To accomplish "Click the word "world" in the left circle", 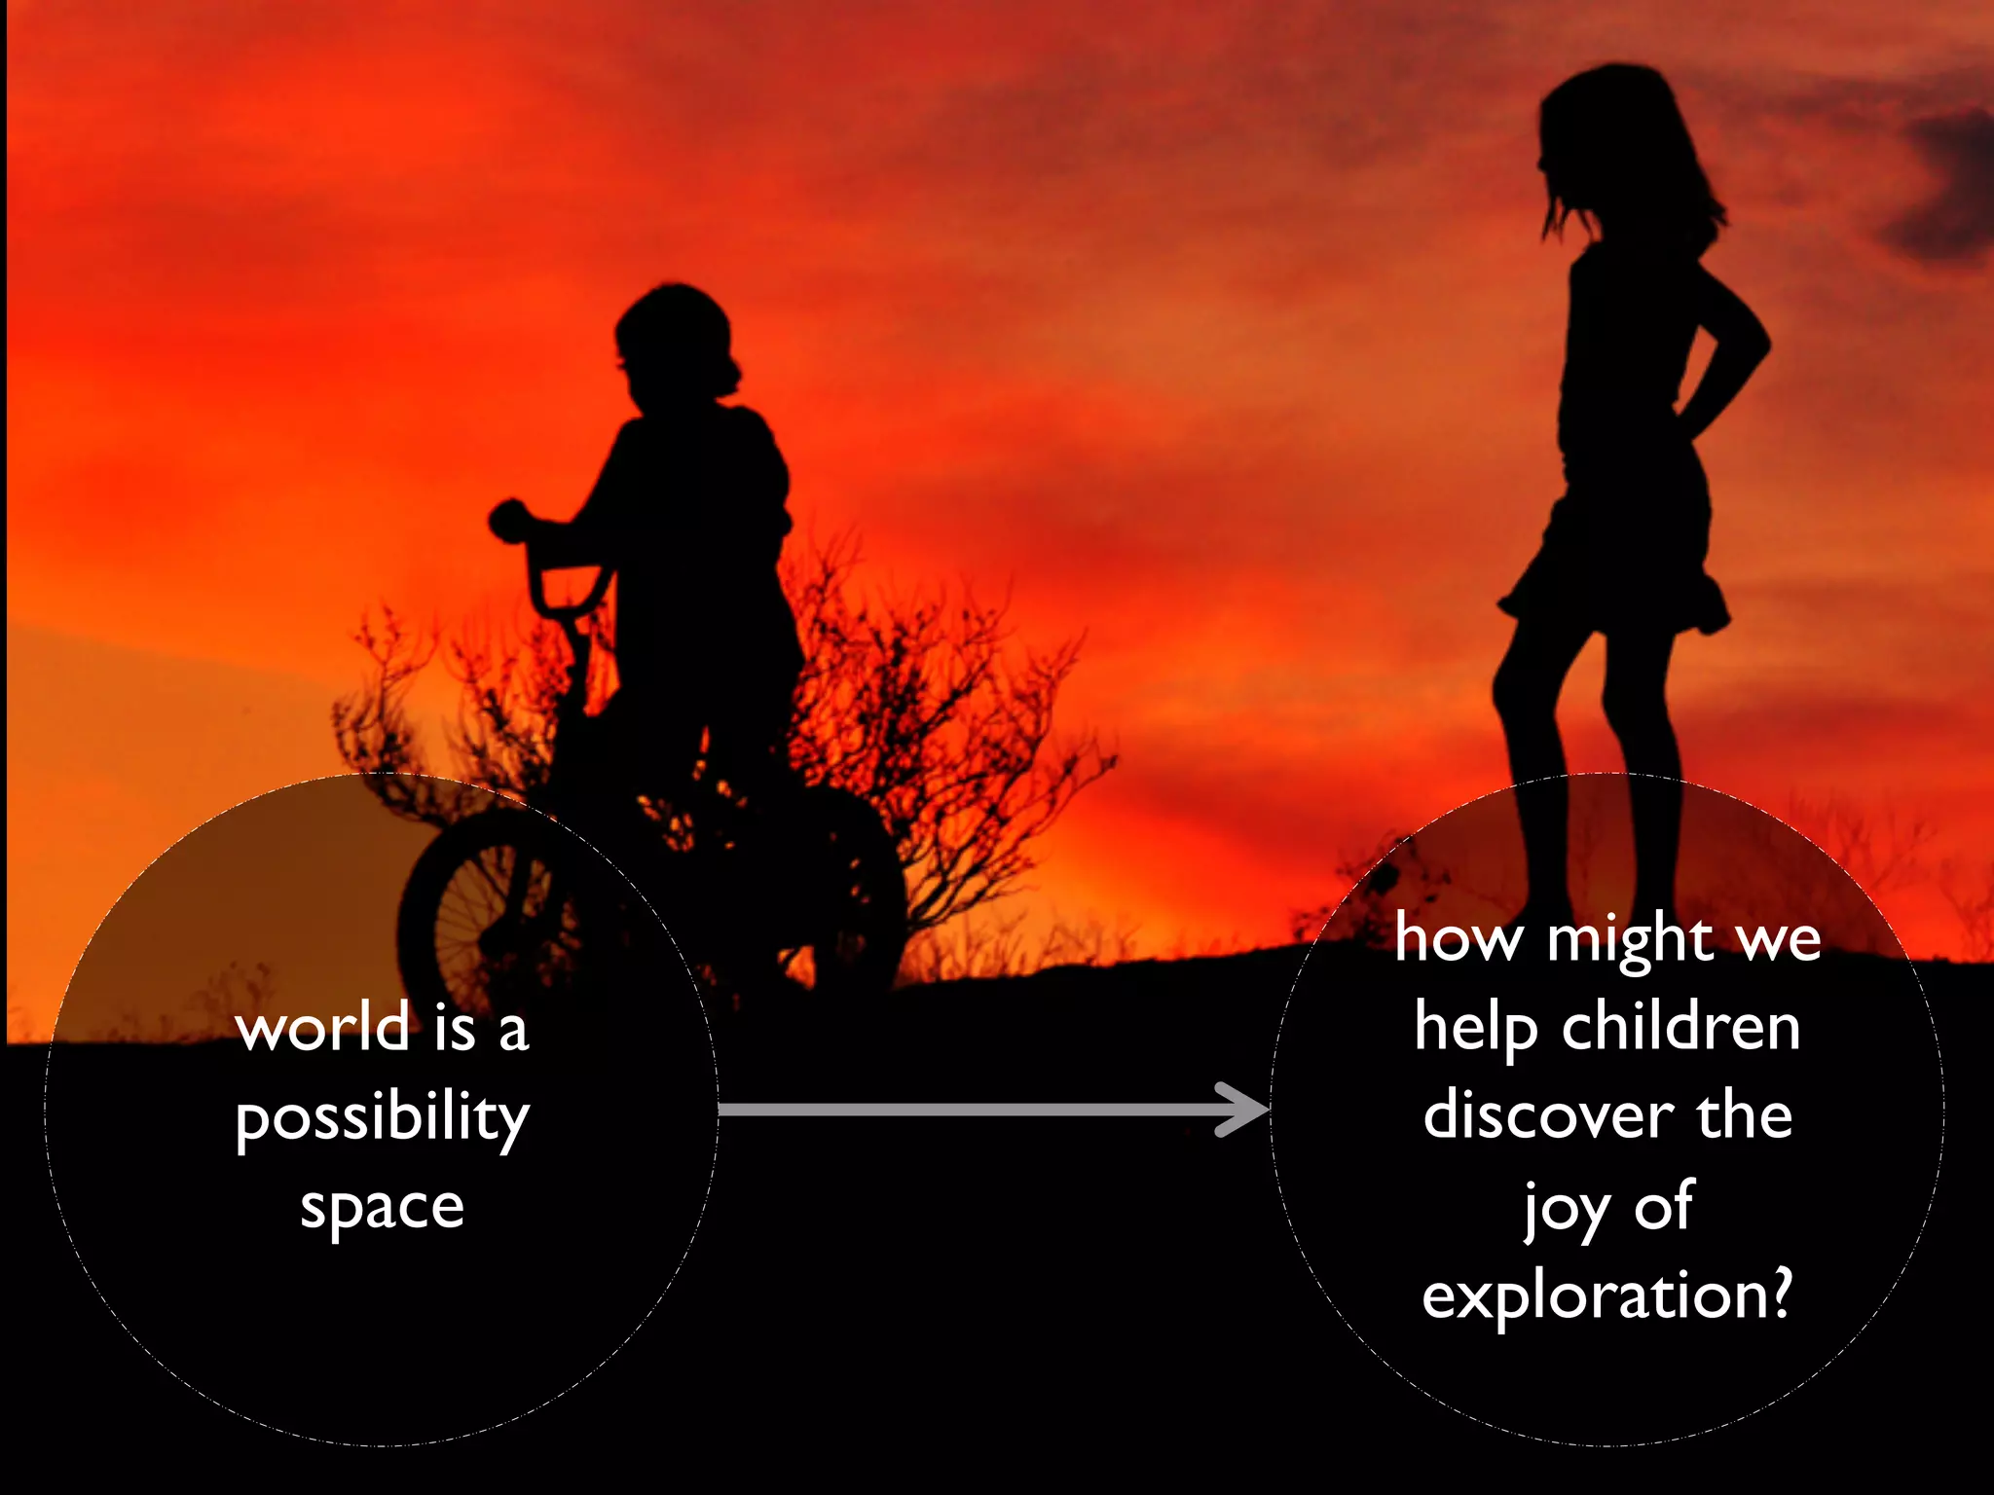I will [x=323, y=1028].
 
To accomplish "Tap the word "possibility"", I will [x=382, y=1119].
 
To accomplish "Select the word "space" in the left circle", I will [x=382, y=1209].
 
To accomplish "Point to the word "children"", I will [x=1680, y=1028].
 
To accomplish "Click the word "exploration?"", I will [x=1606, y=1296].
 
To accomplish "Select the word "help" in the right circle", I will [x=1475, y=1030].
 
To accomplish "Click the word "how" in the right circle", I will [x=1458, y=940].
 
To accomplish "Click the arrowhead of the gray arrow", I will [x=1246, y=1110].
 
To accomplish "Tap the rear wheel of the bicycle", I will [x=847, y=886].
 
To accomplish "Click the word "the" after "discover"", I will [x=1744, y=1115].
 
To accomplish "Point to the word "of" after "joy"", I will [x=1664, y=1207].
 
